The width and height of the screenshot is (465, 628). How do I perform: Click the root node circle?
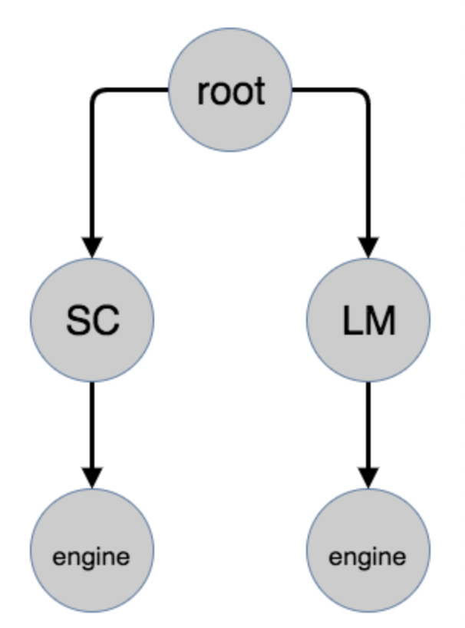coord(230,91)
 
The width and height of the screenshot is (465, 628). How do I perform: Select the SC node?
coord(92,319)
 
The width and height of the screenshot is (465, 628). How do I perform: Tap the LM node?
coord(368,319)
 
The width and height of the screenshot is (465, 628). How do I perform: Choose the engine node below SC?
coord(92,550)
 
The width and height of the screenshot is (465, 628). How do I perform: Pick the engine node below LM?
coord(368,550)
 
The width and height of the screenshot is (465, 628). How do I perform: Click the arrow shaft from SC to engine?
coord(92,422)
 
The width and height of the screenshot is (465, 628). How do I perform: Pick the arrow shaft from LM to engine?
coord(368,422)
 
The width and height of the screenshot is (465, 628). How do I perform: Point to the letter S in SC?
coord(78,321)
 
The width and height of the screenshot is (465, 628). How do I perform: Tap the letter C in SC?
coord(106,321)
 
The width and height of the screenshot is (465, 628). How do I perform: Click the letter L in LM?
coord(352,321)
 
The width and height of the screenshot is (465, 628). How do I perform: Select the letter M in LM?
coord(380,321)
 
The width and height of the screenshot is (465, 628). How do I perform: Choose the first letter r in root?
coord(203,94)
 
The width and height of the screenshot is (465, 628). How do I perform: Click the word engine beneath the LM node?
coord(368,556)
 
